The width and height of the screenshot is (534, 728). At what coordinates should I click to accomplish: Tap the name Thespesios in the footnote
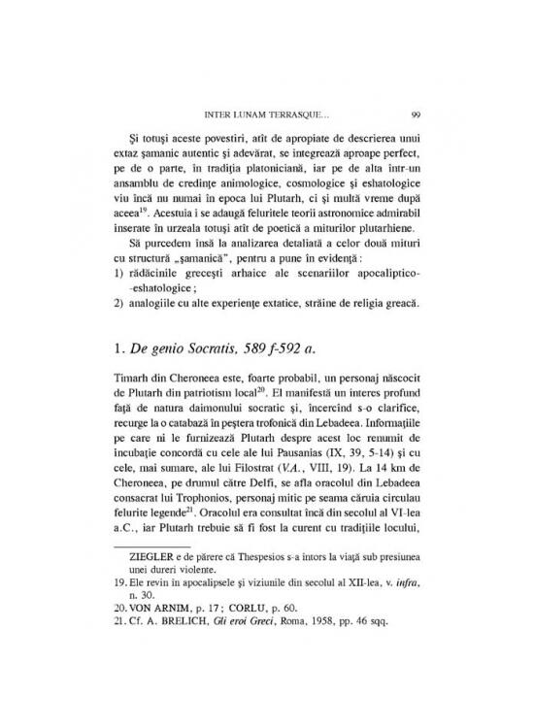(258, 610)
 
